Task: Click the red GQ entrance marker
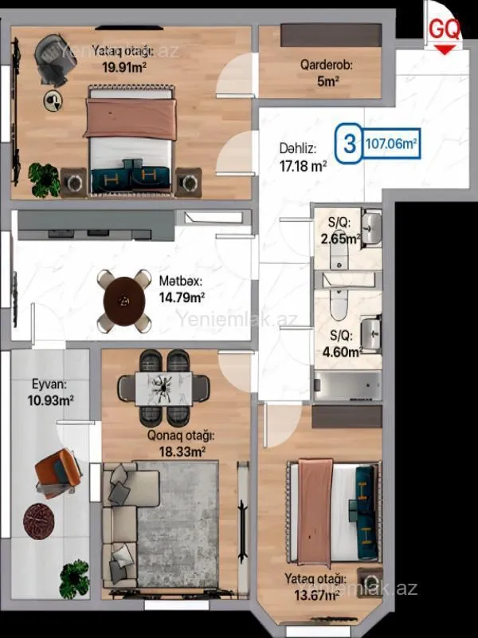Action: coord(445,32)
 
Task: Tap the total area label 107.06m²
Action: coord(392,145)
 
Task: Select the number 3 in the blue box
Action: coord(348,145)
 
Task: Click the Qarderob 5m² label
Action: coord(326,73)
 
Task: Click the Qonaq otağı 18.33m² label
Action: coord(180,443)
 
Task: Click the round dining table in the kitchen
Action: coord(124,300)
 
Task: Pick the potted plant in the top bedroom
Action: coord(43,178)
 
